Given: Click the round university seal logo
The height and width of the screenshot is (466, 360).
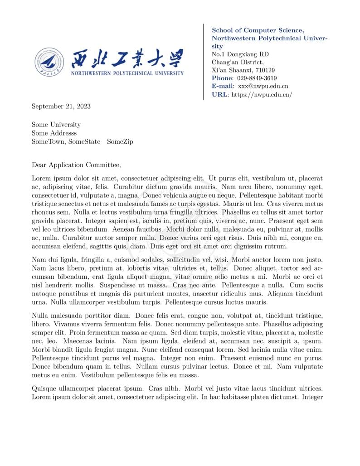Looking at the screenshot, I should coord(50,62).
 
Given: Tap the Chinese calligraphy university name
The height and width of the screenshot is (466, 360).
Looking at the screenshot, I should coord(127,58).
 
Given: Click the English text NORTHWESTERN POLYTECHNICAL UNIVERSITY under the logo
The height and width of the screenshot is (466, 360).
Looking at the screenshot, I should coord(127,73).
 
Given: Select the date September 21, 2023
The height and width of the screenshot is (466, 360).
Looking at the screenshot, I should coord(61,107).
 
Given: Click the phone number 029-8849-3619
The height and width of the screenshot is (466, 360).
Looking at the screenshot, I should coord(257,78).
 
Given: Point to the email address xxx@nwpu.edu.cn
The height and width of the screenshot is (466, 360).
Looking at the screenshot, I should coord(263,86).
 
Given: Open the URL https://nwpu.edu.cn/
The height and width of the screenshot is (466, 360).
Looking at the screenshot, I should coord(262,95).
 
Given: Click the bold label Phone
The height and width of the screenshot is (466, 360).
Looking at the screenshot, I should coord(222,78).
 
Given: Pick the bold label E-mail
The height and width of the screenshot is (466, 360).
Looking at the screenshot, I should coord(223,86).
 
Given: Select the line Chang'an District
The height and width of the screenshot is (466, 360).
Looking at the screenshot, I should coord(237,63).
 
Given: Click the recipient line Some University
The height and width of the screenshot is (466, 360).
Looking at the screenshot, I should coord(56,125).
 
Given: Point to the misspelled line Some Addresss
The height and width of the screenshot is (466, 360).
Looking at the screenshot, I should coord(54,133).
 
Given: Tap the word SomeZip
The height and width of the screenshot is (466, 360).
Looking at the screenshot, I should coord(120,142).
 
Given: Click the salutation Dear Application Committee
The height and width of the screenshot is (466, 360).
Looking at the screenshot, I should coord(76,165).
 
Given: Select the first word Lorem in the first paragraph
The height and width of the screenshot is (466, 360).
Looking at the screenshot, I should coord(41,179).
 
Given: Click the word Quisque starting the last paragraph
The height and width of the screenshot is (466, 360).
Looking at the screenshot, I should coord(44,388).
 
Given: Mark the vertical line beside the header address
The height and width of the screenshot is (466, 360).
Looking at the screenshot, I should coord(204,62).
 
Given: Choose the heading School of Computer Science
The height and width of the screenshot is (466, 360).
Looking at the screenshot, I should coord(258,30).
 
